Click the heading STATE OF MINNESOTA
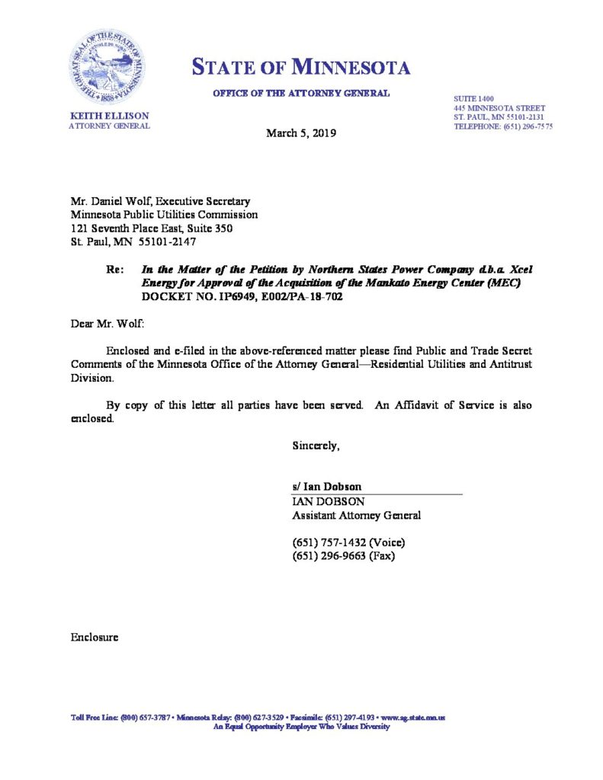click(301, 68)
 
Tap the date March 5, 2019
click(300, 133)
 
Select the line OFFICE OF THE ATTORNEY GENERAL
click(301, 94)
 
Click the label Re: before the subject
click(117, 269)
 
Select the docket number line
click(242, 296)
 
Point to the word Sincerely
click(316, 446)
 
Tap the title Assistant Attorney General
click(357, 516)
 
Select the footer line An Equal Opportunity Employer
click(301, 727)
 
